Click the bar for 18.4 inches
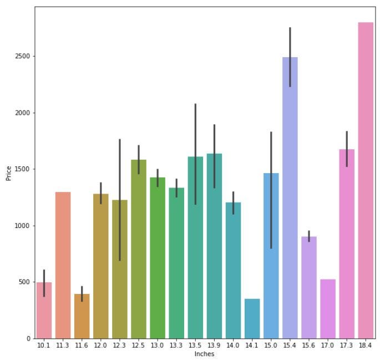tap(365, 180)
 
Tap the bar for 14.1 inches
tap(252, 318)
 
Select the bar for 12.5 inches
tap(138, 249)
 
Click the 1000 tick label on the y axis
tap(23, 226)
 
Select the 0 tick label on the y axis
tap(28, 338)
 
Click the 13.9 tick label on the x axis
tap(214, 346)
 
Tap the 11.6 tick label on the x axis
tap(82, 346)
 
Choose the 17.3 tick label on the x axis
tap(347, 346)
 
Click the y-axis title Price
tap(8, 173)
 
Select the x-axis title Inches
tap(205, 354)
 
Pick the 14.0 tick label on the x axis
tap(233, 346)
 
